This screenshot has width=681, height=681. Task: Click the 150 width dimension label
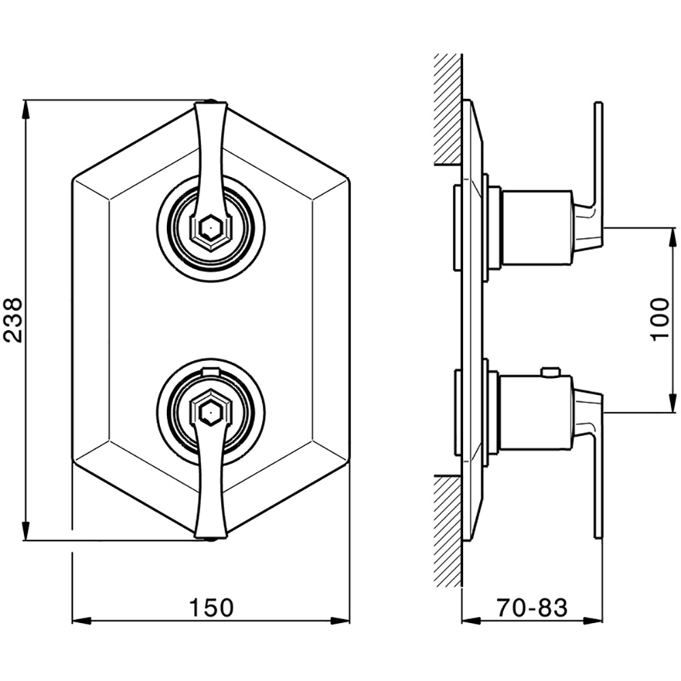click(x=211, y=607)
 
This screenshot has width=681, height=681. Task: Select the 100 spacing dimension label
click(x=660, y=319)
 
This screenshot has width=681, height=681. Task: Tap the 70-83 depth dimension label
click(x=532, y=607)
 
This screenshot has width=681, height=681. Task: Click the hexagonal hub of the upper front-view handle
click(x=210, y=227)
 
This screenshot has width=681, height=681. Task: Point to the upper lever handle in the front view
click(x=210, y=165)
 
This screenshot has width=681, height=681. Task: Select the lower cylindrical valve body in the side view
click(x=537, y=412)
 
